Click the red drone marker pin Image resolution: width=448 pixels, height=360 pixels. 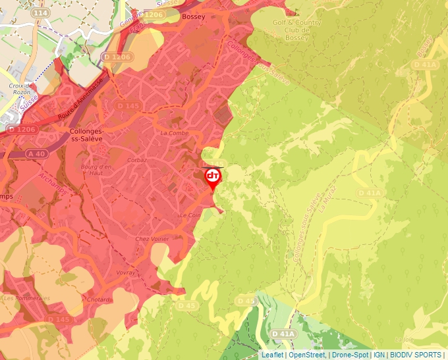coord(213,178)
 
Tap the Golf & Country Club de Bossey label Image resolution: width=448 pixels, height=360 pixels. coord(297,30)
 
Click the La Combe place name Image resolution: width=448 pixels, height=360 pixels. coord(174,132)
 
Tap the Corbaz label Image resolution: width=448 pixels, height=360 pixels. coord(137,160)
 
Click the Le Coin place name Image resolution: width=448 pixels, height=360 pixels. coord(190,215)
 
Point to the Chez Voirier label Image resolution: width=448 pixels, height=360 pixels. coord(152,239)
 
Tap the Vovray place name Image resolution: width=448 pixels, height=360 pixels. coord(125,272)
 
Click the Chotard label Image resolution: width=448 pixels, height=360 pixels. coord(99,299)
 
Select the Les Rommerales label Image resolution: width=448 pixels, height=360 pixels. coord(27,298)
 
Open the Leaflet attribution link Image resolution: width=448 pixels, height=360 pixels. coord(273,355)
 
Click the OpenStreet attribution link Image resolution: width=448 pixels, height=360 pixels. coord(306,355)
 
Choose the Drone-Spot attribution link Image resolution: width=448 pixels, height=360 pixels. coord(349,355)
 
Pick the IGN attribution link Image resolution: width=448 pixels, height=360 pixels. coord(379,355)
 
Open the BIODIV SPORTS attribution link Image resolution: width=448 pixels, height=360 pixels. coord(416,355)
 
